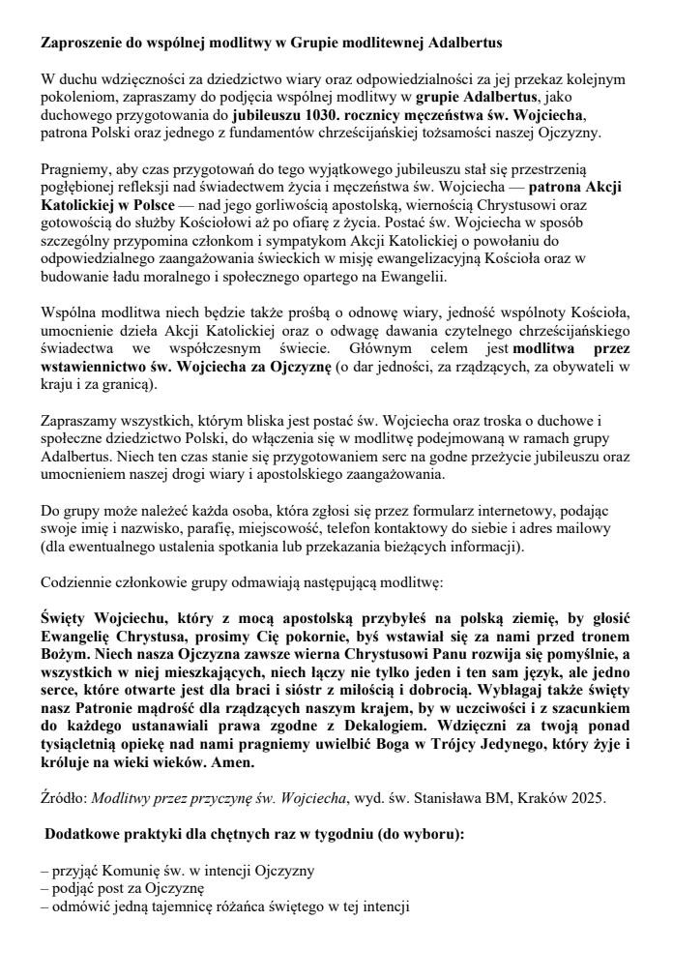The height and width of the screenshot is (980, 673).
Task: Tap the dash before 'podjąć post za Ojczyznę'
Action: (44, 889)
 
